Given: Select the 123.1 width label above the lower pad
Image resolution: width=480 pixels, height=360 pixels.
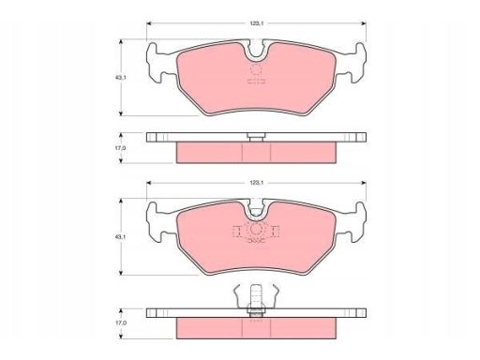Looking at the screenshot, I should [254, 179].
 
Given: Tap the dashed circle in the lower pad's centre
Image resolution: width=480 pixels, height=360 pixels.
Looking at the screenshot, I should [255, 232].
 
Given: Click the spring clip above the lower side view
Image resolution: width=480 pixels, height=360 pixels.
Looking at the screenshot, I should [255, 297].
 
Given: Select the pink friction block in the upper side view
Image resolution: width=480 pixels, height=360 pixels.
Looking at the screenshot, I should [254, 150].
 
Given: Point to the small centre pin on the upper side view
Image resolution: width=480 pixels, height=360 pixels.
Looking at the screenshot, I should [255, 138].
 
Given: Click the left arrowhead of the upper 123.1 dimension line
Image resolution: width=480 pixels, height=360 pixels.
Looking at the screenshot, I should [151, 22].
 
